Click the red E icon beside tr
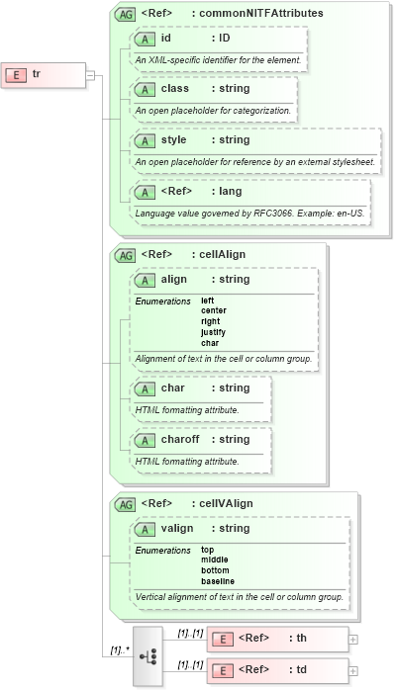[x=16, y=74]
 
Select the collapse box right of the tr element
[x=90, y=74]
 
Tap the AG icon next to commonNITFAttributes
[x=126, y=14]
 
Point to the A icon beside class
[x=146, y=89]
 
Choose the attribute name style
[x=174, y=139]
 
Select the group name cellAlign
[x=223, y=254]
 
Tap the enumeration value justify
[x=213, y=332]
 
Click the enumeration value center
[x=214, y=310]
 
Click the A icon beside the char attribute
[x=146, y=388]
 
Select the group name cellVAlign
[x=226, y=503]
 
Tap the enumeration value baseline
[x=218, y=581]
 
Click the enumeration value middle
[x=215, y=560]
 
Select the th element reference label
[x=297, y=638]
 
